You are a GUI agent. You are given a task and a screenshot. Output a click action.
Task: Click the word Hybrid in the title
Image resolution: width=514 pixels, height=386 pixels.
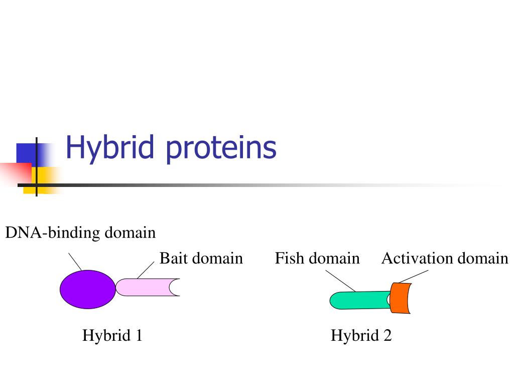point(110,148)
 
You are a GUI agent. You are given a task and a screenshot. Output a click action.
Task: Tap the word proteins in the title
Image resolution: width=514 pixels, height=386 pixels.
point(221,148)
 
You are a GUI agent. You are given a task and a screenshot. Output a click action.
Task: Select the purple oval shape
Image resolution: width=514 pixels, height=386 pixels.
point(87,289)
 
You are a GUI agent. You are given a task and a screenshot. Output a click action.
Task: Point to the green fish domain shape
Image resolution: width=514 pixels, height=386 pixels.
point(359,301)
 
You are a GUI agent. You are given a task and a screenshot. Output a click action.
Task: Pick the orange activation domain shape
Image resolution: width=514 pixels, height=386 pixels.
point(400,298)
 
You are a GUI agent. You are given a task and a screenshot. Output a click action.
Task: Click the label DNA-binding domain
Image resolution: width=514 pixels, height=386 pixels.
point(80,233)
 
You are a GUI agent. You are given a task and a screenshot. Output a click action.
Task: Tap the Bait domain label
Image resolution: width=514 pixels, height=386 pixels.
point(201,258)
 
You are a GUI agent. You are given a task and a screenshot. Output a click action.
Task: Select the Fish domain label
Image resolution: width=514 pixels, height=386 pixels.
point(317,258)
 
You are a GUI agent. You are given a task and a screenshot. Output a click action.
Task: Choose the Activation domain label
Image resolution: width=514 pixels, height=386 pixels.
point(445,258)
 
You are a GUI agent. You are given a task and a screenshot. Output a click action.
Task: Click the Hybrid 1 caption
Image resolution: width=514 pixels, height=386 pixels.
point(112,335)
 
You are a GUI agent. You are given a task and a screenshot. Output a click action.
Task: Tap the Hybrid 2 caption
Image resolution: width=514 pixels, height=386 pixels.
point(361,335)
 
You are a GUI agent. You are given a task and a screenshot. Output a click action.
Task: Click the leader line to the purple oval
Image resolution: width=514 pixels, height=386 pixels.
point(75,261)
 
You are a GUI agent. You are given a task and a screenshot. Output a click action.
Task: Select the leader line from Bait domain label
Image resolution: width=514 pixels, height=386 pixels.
point(146,270)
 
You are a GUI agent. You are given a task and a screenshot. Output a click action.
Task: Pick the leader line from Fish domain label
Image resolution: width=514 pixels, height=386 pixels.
point(341,281)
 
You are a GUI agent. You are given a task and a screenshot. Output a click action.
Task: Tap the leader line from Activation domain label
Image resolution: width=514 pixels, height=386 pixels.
point(414,276)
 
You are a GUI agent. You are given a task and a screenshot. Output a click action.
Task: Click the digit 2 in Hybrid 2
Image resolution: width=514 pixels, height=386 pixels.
point(388,335)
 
